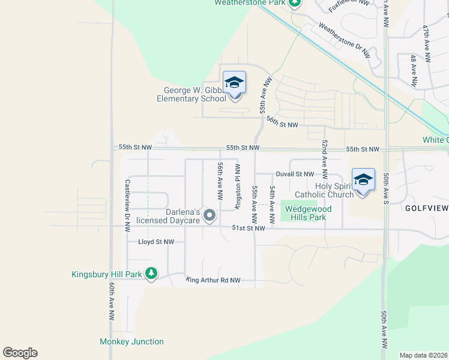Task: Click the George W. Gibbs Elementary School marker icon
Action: (x=234, y=83)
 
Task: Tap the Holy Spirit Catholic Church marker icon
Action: (x=363, y=180)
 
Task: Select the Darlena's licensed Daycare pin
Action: (x=209, y=215)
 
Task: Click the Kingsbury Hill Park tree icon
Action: (x=152, y=274)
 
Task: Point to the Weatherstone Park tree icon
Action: (x=294, y=3)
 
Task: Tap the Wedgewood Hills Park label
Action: (x=306, y=213)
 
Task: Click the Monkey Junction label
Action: (x=131, y=342)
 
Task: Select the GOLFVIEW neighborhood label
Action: (x=426, y=208)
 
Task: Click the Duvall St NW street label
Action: (x=295, y=174)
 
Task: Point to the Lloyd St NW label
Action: (x=156, y=242)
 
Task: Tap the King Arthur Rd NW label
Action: (x=214, y=280)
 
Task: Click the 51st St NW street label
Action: (x=248, y=228)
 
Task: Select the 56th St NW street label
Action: (x=282, y=122)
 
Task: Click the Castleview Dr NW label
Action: (x=127, y=206)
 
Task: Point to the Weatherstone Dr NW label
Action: (x=343, y=40)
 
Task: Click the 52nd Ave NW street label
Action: (x=324, y=160)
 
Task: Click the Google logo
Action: (x=20, y=353)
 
